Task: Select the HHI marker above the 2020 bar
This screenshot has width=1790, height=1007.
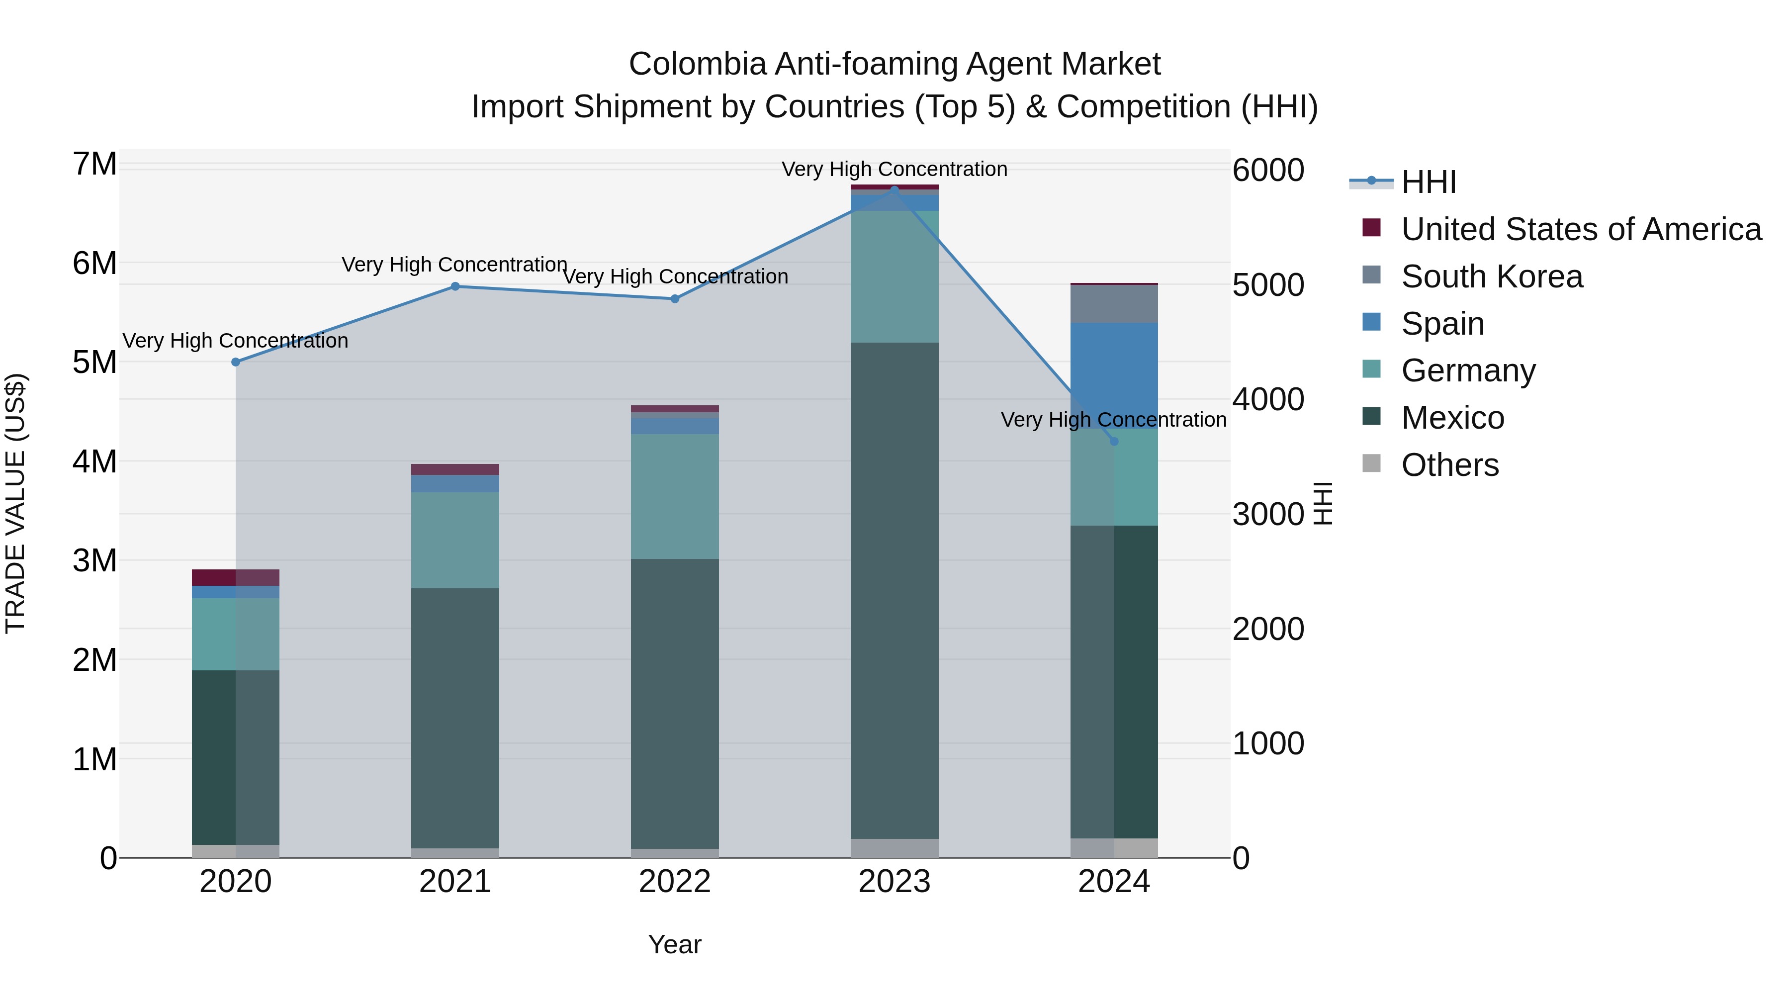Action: (x=236, y=362)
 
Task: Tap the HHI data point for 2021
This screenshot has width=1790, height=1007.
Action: (x=455, y=286)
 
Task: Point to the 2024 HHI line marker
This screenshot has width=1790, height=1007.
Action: (x=1114, y=441)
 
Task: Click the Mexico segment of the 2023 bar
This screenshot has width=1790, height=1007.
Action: (x=895, y=591)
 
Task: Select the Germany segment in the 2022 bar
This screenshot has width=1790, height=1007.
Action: (x=675, y=496)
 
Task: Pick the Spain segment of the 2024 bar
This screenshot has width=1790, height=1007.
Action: (x=1114, y=375)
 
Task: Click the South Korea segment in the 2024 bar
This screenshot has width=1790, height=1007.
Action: (x=1114, y=304)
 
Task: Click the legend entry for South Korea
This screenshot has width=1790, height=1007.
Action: (x=1491, y=276)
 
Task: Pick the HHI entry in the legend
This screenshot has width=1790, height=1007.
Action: (x=1428, y=182)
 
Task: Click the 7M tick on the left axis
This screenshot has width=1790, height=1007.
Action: (x=94, y=165)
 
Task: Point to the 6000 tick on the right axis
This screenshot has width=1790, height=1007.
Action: (x=1268, y=170)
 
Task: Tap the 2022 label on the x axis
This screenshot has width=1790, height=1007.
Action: (x=675, y=882)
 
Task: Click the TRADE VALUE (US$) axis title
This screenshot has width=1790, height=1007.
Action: (x=16, y=503)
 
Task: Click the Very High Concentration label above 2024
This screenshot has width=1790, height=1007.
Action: (x=1113, y=420)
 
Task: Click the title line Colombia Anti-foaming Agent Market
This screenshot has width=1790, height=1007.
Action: (x=895, y=64)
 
